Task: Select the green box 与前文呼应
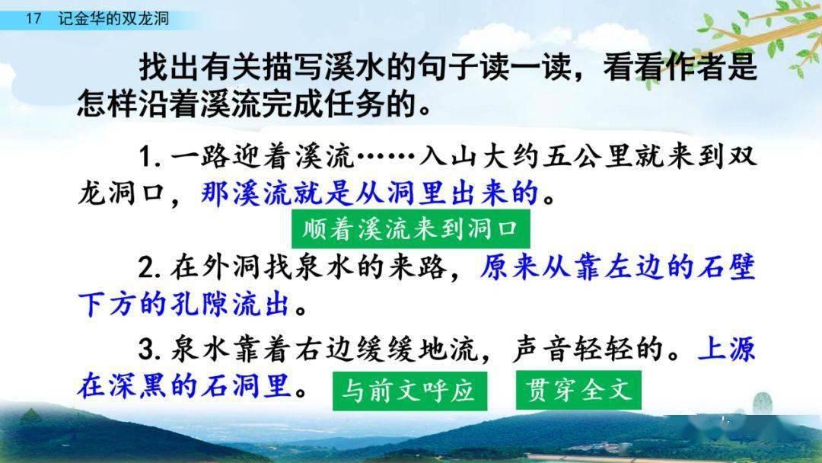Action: coord(408,390)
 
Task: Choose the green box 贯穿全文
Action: coord(578,390)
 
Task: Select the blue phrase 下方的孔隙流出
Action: coord(184,305)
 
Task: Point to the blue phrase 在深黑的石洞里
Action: coord(184,388)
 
